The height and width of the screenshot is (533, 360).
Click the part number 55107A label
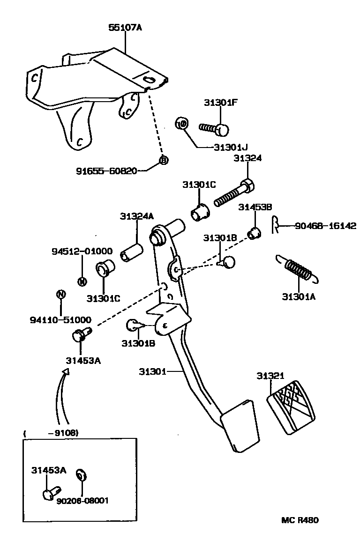point(125,28)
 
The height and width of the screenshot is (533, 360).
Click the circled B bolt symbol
point(163,160)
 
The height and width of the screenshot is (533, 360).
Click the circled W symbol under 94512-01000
point(82,281)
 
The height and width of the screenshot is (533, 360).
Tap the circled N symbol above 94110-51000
point(60,295)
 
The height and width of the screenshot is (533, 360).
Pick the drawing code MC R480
point(300,520)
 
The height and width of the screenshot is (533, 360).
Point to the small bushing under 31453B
point(254,232)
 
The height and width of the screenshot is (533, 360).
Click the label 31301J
point(230,147)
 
